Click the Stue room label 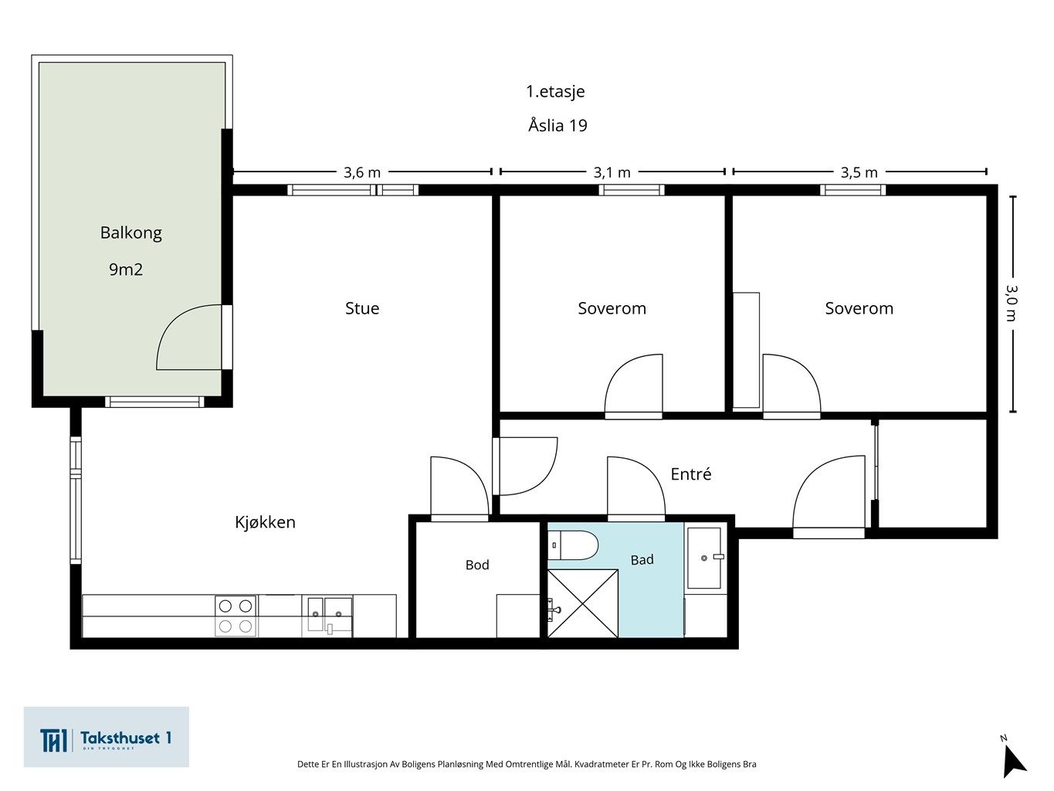click(x=362, y=308)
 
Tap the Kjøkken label click(x=265, y=522)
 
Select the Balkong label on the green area click(x=130, y=233)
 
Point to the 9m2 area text click(x=126, y=270)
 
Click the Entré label click(x=690, y=474)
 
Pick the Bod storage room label click(x=477, y=565)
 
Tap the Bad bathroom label click(x=642, y=560)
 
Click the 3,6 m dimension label click(x=362, y=172)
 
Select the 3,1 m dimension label click(x=612, y=172)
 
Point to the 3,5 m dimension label click(x=859, y=172)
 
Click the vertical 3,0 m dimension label click(x=1012, y=303)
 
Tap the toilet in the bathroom click(x=573, y=545)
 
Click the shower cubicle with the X click(x=583, y=604)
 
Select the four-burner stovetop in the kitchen click(x=236, y=616)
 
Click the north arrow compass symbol click(x=1013, y=760)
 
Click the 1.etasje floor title click(x=556, y=91)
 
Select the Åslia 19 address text click(x=558, y=125)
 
